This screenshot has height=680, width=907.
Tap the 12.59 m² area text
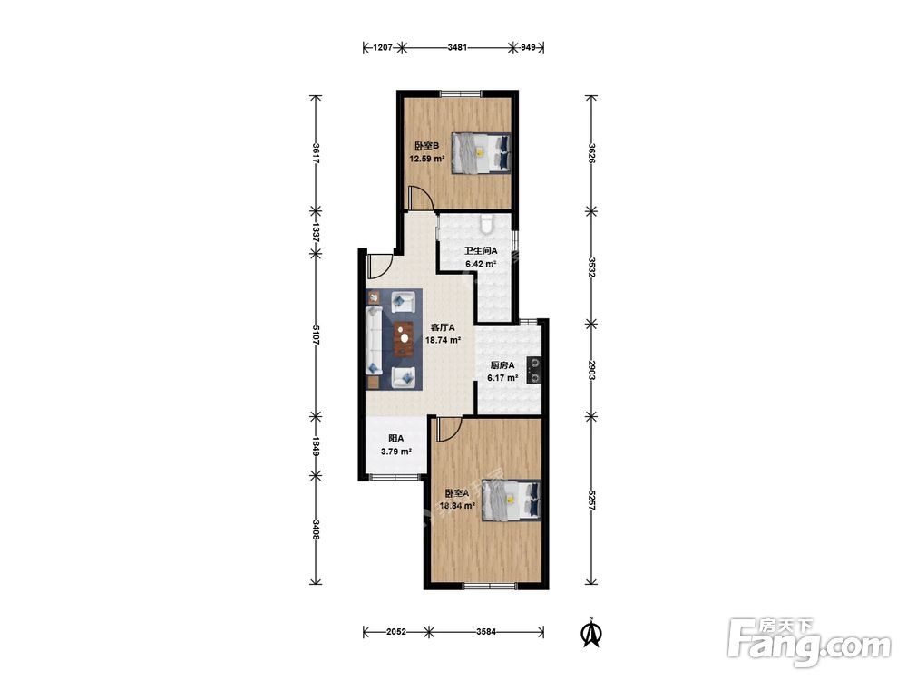tap(427, 159)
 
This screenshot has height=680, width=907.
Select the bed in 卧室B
tap(482, 152)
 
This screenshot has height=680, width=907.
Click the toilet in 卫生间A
tap(487, 223)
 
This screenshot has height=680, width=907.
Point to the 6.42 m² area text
tap(482, 264)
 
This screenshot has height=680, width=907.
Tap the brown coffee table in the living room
tap(405, 339)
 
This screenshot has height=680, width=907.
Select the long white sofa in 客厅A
tap(374, 341)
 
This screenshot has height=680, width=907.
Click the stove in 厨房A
tap(534, 370)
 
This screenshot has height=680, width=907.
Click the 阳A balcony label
tap(395, 439)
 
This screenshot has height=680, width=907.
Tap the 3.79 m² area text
tap(395, 452)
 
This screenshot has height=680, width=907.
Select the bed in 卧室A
tap(512, 500)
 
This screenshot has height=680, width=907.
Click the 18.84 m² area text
tap(457, 506)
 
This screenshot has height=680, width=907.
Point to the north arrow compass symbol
tap(590, 631)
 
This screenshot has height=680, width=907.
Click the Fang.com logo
tap(809, 641)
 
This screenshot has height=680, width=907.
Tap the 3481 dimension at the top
tap(457, 47)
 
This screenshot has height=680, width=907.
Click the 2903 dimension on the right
tap(591, 370)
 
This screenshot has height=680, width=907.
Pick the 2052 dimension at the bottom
tap(396, 632)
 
